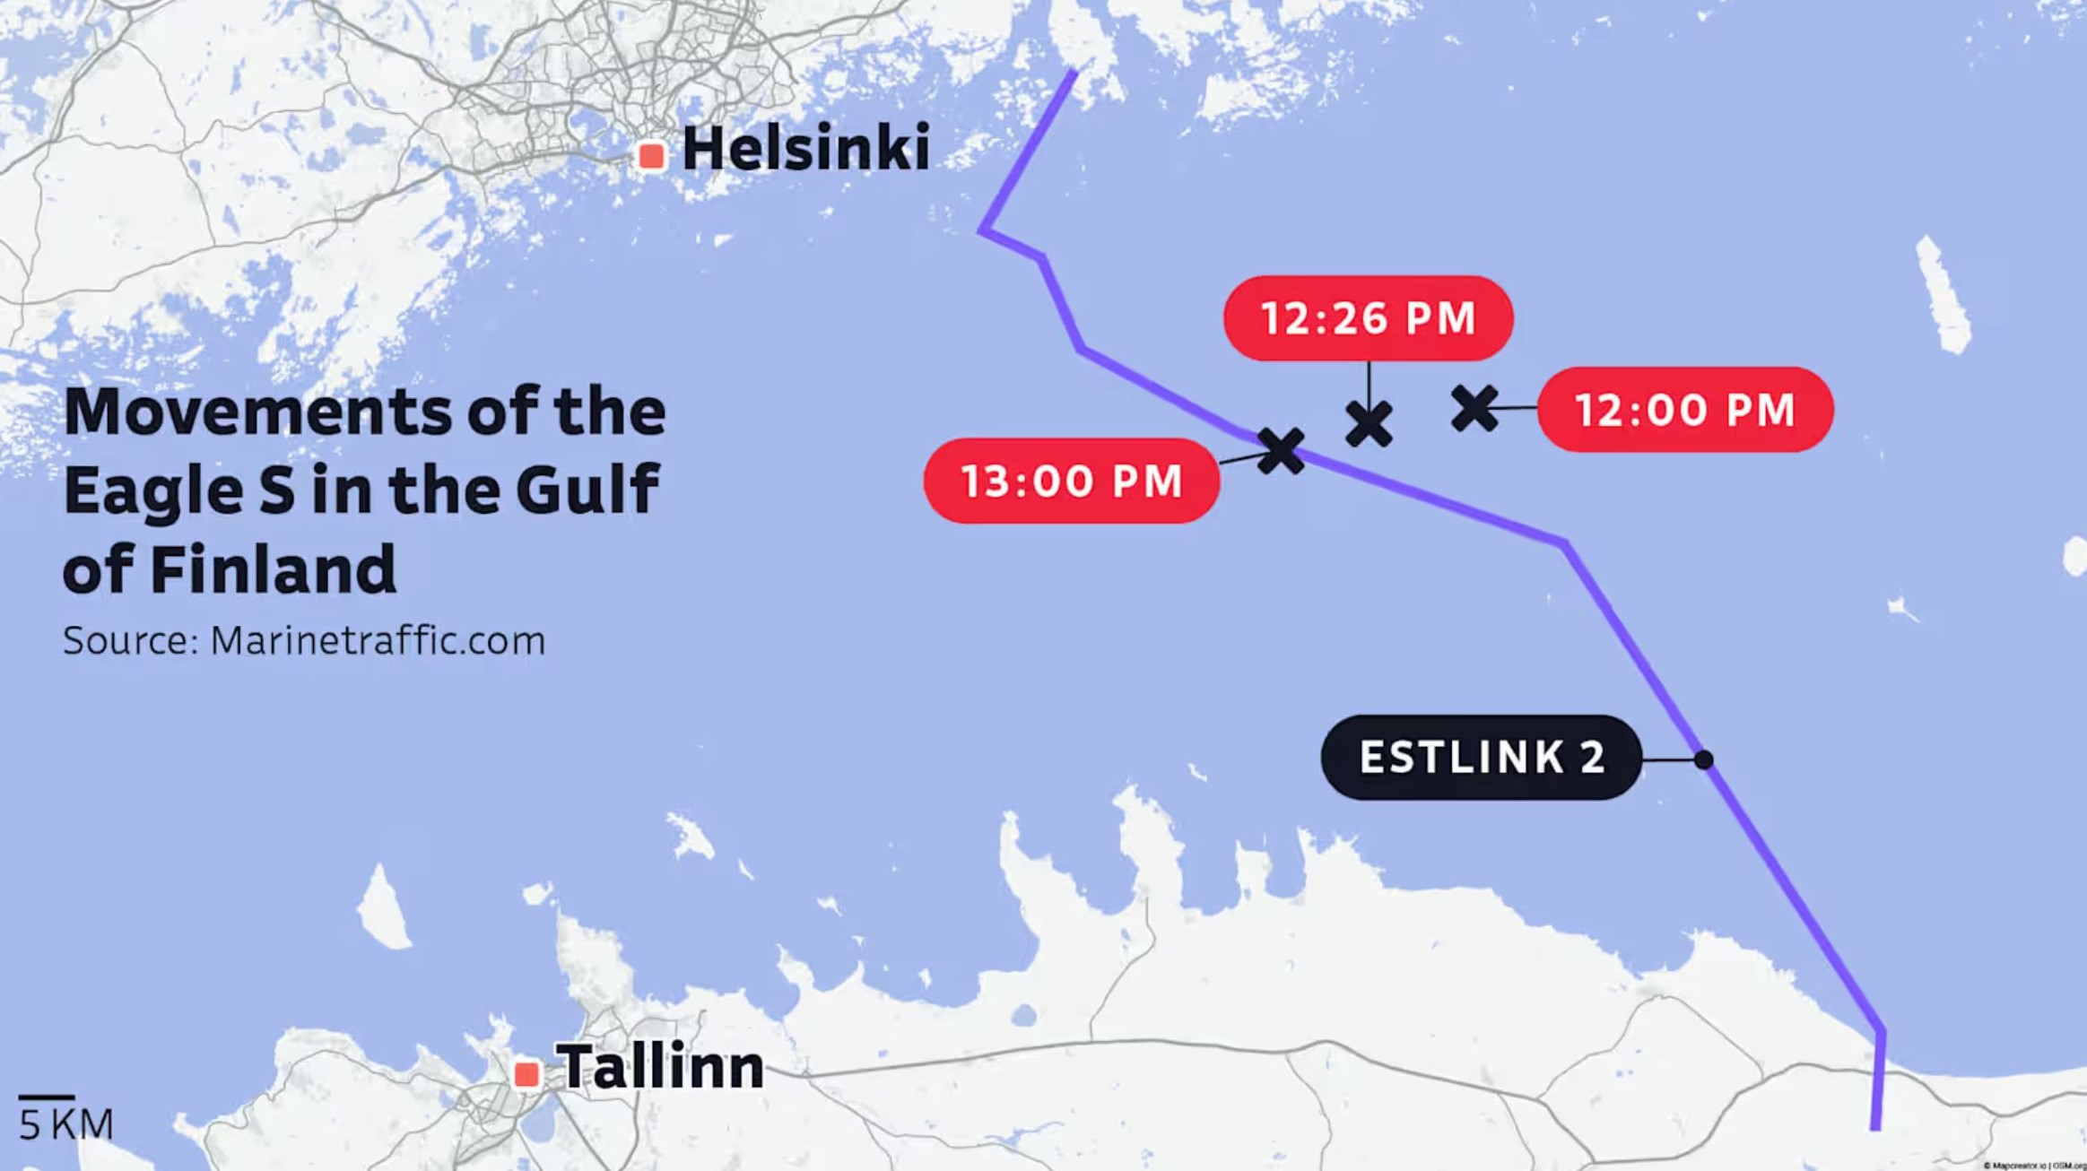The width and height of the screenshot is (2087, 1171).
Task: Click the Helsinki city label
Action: [805, 149]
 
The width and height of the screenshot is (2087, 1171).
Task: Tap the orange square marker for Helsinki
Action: [652, 156]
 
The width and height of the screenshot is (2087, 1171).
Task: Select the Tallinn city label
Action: [660, 1067]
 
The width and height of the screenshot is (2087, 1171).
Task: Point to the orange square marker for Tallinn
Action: [527, 1073]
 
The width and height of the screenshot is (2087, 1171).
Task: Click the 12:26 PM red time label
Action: [1368, 318]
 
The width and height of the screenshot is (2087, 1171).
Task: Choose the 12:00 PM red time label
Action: [1685, 410]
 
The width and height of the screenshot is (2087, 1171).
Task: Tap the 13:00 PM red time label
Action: [1072, 481]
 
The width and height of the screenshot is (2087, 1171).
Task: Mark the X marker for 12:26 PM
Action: [1369, 424]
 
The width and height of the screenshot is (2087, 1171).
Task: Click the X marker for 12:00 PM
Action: [1474, 408]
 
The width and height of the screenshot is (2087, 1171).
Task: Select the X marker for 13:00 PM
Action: [1281, 450]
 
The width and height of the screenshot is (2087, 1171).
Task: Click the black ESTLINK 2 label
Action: [1482, 758]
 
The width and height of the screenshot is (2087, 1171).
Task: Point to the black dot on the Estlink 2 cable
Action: [1703, 760]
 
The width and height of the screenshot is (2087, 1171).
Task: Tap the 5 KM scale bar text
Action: [66, 1124]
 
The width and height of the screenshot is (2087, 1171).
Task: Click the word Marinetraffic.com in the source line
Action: [378, 641]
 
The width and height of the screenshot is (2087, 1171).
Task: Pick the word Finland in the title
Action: [274, 569]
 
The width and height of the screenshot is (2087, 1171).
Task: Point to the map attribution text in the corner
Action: [2033, 1165]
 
